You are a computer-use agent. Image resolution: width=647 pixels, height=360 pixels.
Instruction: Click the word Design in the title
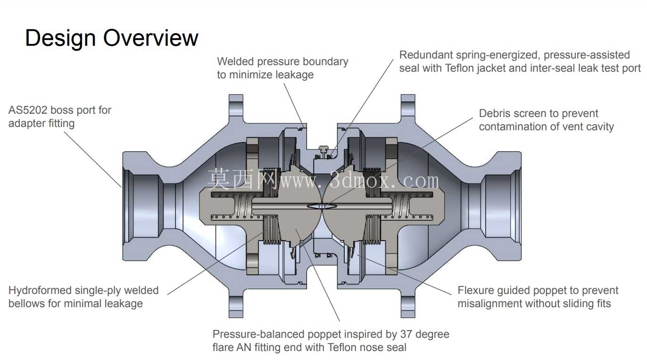tap(60, 38)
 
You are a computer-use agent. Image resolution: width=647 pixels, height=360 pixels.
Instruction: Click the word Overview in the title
tap(151, 38)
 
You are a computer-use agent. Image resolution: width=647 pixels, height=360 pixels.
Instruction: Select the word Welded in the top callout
tap(235, 61)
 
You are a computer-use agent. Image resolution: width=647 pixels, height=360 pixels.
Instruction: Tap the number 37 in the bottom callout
tap(406, 334)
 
